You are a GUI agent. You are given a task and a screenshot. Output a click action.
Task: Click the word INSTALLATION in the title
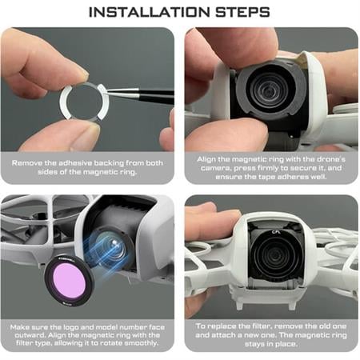[150, 12]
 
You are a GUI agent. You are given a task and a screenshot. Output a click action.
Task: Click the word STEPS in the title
[242, 12]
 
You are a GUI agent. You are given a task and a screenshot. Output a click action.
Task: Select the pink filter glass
[69, 282]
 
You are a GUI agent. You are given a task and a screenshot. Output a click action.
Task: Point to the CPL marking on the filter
[275, 232]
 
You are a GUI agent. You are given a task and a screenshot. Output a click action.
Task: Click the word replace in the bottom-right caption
[222, 326]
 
